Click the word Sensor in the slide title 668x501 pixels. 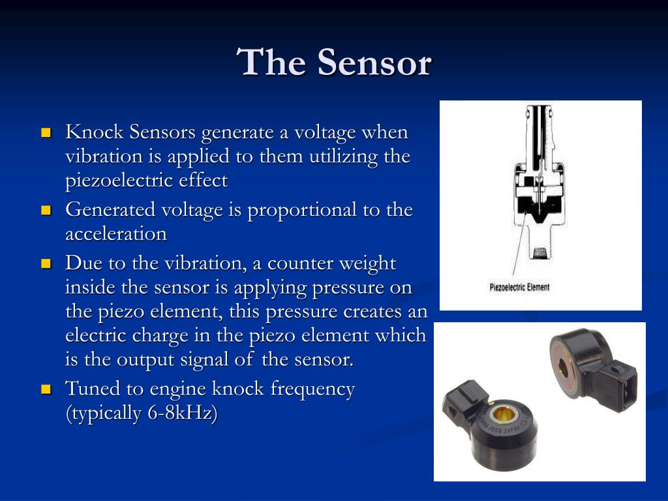point(374,63)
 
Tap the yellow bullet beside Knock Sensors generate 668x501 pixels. point(46,133)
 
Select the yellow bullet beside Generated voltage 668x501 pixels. point(46,211)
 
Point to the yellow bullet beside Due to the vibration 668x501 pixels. point(46,264)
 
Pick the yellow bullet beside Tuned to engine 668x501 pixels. point(46,390)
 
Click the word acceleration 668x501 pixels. point(115,234)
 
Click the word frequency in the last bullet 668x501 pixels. point(312,389)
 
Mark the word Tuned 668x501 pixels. point(93,389)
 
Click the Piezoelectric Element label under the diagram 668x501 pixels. point(519,287)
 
